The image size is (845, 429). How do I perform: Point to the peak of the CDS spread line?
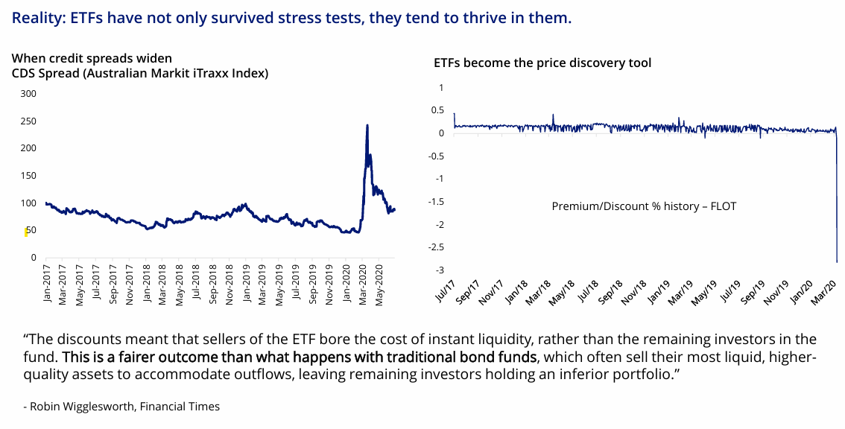click(x=367, y=125)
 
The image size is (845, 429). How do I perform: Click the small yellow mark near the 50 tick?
click(x=26, y=232)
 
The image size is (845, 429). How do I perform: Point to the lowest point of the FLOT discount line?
click(x=836, y=261)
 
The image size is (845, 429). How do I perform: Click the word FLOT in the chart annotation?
click(x=723, y=206)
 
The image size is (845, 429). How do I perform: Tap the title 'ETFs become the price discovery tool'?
click(x=542, y=63)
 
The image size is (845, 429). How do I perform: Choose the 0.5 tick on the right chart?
click(x=437, y=110)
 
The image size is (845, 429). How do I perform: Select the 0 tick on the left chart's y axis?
click(x=33, y=258)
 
